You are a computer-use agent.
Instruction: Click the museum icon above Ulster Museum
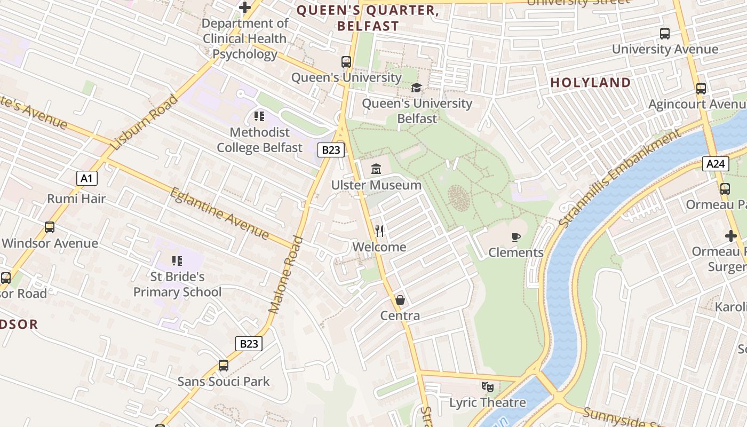[376, 169]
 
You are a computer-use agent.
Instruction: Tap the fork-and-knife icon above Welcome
[379, 231]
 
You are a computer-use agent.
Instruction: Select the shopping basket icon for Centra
[400, 300]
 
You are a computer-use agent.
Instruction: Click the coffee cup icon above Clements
[515, 237]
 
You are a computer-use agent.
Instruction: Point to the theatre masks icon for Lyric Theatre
[487, 386]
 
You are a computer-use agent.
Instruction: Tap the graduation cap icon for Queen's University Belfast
[416, 88]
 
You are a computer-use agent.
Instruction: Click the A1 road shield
[87, 178]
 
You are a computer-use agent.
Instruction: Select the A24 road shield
[715, 164]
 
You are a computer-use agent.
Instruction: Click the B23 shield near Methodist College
[331, 150]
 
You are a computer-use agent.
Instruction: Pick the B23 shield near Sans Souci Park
[249, 343]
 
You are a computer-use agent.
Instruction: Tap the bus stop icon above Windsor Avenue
[50, 227]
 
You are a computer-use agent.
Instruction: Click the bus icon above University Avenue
[665, 34]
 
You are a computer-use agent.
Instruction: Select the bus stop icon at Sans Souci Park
[224, 366]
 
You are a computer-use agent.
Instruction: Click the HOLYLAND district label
[591, 83]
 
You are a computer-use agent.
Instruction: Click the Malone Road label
[286, 274]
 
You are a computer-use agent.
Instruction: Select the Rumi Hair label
[76, 199]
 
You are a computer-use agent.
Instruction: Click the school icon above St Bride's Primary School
[177, 261]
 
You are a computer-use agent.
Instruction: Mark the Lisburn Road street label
[144, 122]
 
